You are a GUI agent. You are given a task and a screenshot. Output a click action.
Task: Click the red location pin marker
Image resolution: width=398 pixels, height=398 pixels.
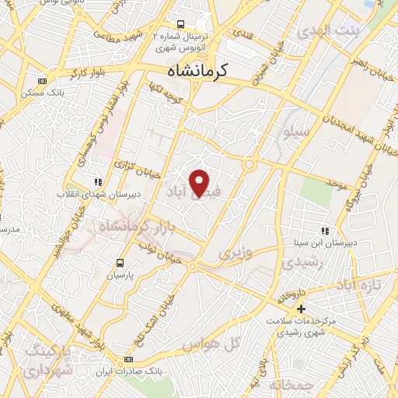coord(201,182)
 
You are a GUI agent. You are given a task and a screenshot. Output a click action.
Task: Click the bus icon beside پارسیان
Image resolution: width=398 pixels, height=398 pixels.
coord(120,263)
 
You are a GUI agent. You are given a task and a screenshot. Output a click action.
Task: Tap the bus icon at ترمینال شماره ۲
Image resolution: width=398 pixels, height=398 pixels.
coord(180,24)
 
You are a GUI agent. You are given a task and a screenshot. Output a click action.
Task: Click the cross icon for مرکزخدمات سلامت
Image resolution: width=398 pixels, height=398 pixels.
coord(302,309)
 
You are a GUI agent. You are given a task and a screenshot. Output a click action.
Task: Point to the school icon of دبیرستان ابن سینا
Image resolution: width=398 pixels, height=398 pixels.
coord(325,231)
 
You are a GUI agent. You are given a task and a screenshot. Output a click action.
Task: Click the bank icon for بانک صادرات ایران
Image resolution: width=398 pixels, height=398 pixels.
coord(128,359)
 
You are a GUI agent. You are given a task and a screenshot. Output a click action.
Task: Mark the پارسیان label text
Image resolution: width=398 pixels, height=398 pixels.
coord(120,275)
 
